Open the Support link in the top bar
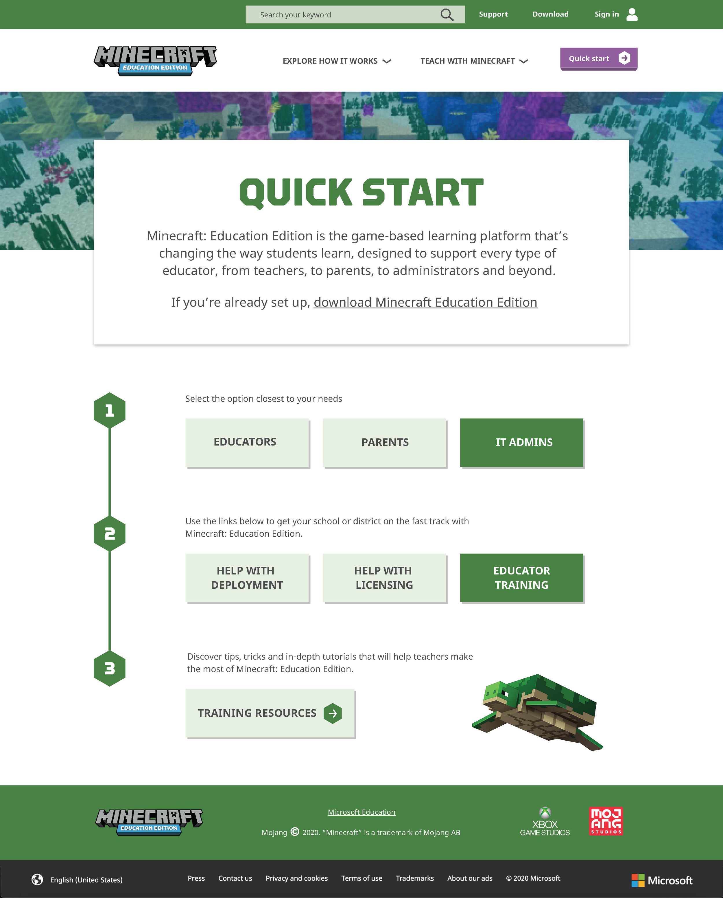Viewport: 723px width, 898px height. (493, 14)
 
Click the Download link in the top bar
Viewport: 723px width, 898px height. (550, 14)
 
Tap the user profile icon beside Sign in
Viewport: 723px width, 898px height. (632, 14)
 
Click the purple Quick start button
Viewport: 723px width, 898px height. (598, 59)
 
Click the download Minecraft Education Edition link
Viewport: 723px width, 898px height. (425, 302)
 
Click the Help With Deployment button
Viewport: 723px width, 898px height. (247, 578)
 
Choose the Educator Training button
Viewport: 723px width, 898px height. (521, 578)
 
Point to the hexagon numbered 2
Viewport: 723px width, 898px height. (110, 533)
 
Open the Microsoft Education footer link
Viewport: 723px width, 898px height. (361, 812)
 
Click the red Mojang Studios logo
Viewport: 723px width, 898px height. (606, 821)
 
